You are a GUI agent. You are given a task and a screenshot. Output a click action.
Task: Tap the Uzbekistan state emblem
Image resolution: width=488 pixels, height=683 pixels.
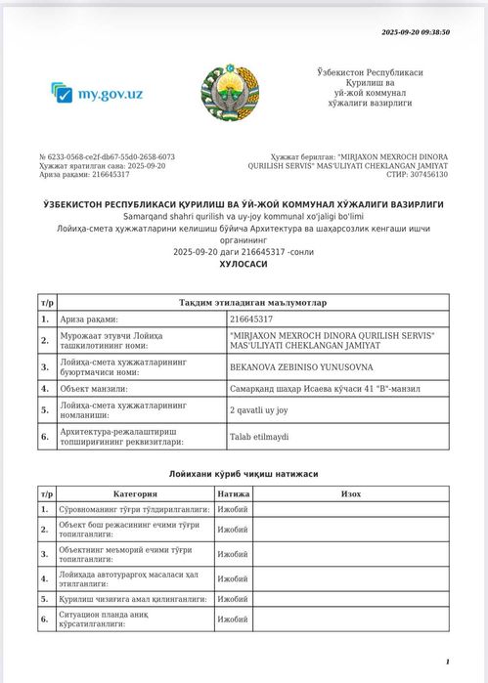(231, 95)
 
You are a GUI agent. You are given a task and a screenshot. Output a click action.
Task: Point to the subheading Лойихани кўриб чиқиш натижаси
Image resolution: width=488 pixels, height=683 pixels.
(244, 475)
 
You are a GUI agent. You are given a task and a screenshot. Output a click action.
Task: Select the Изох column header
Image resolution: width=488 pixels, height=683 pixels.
(351, 494)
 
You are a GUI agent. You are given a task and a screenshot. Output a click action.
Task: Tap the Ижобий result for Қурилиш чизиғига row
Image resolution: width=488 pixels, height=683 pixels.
(233, 599)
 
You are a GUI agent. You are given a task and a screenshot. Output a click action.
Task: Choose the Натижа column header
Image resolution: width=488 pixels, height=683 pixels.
(234, 494)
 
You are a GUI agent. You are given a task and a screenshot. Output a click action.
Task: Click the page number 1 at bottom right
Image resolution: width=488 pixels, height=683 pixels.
(447, 662)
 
